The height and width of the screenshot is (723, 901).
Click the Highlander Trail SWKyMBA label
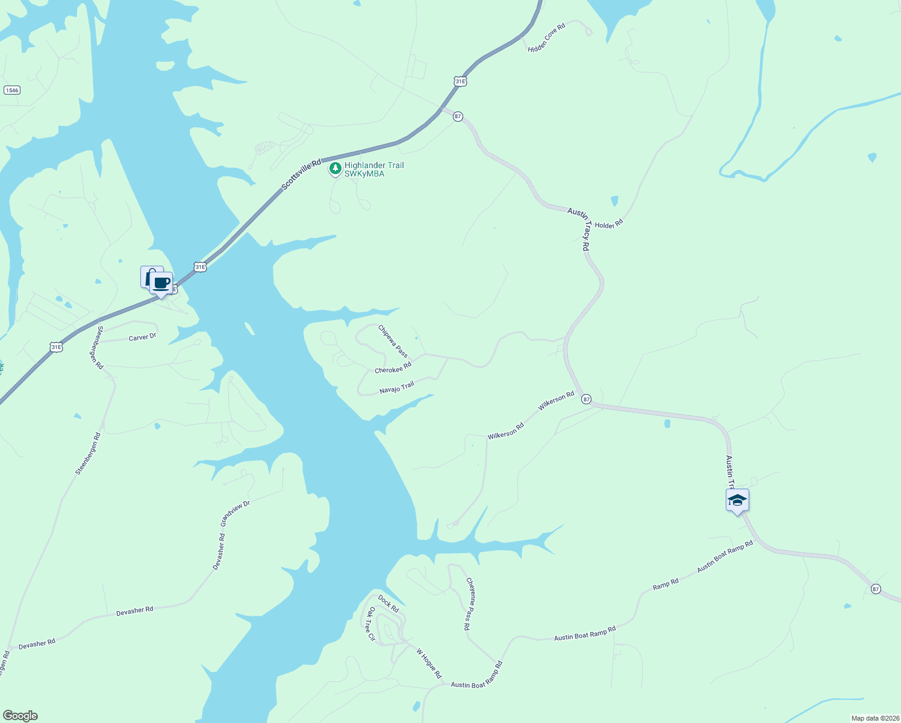[374, 169]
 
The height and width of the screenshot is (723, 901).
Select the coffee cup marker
[161, 283]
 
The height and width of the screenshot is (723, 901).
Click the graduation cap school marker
[737, 500]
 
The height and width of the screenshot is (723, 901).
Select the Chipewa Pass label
[393, 341]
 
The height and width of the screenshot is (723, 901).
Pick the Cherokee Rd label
[393, 368]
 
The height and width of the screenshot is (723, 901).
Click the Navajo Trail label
[397, 387]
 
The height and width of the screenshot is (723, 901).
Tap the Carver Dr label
[142, 337]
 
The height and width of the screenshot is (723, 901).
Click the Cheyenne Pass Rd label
[469, 604]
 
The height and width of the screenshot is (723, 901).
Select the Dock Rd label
[388, 604]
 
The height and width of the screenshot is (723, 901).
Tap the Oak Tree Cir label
[371, 624]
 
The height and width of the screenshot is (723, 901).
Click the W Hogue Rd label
[429, 663]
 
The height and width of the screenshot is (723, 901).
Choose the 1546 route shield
[11, 90]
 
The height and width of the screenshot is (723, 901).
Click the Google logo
[19, 716]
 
